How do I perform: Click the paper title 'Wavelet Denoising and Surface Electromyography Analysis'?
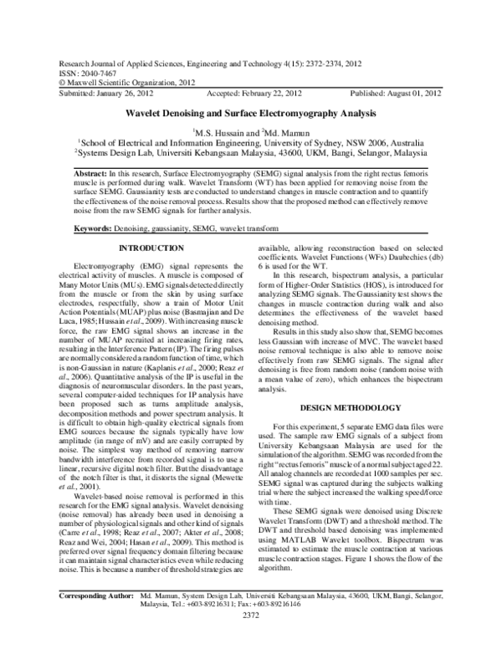[250, 112]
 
